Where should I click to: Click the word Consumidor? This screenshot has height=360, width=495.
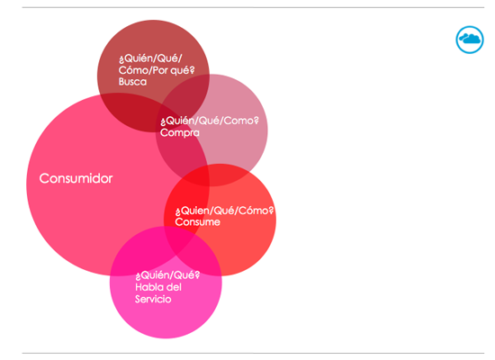76,178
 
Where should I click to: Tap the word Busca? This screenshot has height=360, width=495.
132,82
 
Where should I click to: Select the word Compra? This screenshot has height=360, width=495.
180,132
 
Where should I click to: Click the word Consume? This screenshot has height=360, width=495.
198,222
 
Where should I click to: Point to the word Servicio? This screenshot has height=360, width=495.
153,299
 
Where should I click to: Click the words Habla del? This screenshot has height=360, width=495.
158,287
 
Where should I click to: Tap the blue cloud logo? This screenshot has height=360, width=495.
470,40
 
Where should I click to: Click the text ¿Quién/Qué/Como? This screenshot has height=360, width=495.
210,121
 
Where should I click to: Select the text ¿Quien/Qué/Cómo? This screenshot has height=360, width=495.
224,211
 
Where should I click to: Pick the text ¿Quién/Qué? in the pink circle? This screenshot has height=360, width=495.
167,275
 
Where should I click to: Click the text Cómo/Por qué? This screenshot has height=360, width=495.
157,70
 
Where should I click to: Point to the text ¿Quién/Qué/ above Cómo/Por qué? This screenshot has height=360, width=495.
150,58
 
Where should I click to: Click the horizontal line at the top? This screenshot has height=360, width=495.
253,7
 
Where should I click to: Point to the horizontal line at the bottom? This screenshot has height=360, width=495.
253,353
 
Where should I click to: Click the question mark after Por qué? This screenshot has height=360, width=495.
192,70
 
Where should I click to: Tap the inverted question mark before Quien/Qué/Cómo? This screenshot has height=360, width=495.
178,211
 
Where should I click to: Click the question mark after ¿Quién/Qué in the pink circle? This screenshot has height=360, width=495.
197,274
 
